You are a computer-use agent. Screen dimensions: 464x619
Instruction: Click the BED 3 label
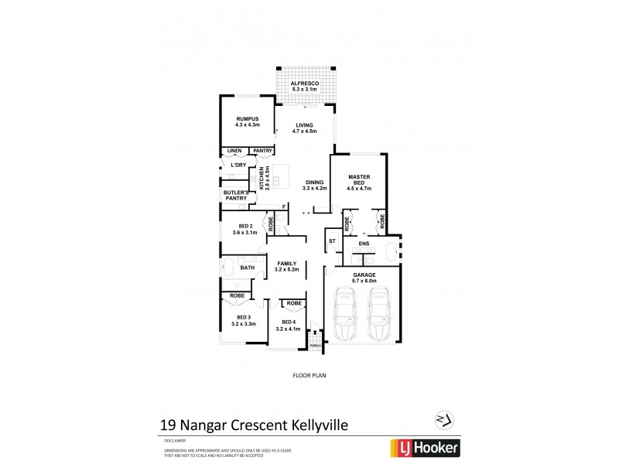click(244, 318)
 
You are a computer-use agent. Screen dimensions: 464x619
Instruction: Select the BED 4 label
click(289, 322)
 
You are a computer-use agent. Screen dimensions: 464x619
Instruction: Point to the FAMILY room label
click(287, 264)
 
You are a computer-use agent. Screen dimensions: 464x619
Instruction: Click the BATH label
click(247, 268)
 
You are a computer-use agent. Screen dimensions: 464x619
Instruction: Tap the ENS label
click(364, 244)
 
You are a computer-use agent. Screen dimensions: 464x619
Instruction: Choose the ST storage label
click(332, 241)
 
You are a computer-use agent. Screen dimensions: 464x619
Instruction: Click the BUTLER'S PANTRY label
click(235, 195)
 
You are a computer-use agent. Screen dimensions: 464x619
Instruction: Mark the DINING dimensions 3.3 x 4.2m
click(315, 188)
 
